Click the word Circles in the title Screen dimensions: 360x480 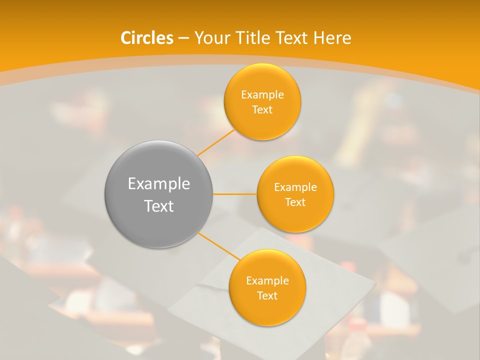tap(147, 38)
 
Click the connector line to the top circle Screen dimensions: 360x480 tap(216, 141)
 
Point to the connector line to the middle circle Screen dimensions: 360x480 tap(235, 194)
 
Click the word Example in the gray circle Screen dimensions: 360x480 tap(159, 184)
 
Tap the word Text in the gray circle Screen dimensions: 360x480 tap(159, 206)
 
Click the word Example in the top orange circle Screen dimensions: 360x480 tap(262, 95)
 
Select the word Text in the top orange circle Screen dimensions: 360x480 tap(262, 110)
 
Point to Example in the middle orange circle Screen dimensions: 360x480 tap(295, 187)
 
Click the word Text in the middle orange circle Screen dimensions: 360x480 tap(295, 202)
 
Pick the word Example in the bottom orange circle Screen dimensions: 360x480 tap(267, 281)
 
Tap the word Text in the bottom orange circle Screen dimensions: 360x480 tap(267, 296)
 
